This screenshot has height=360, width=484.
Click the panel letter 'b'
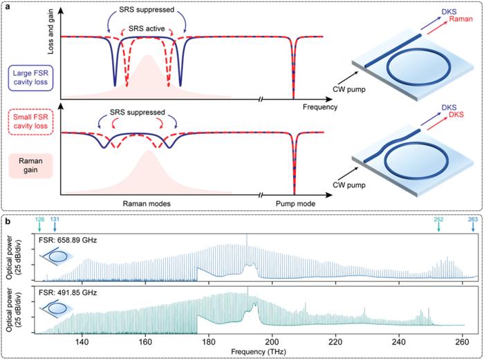[8, 222]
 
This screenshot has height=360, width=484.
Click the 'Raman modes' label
[146, 205]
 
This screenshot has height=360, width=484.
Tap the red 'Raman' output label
[451, 21]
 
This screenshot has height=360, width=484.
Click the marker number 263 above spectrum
[473, 220]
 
